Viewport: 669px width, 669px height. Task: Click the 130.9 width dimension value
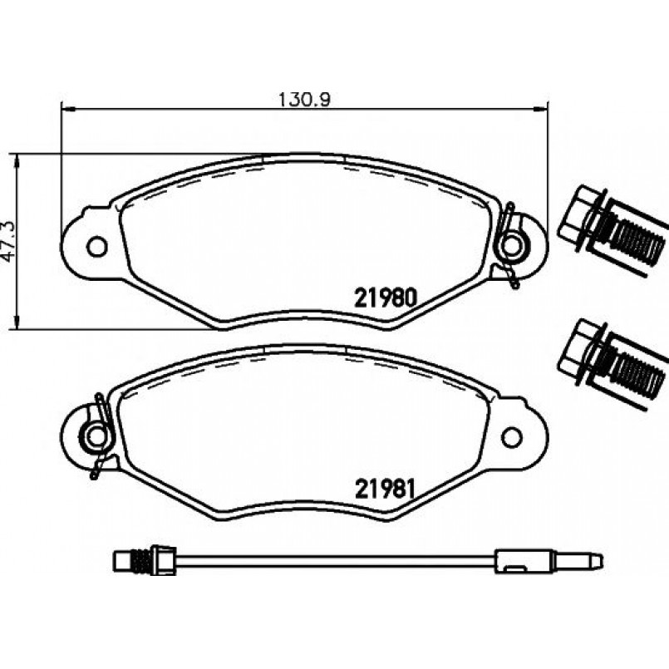(304, 100)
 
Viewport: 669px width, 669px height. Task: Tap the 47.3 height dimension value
(9, 241)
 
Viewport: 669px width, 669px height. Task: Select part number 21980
(385, 298)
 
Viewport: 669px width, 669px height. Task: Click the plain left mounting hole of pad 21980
(97, 246)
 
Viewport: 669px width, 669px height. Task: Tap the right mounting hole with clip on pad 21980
(512, 246)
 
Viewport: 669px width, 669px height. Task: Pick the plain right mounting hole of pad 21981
(512, 436)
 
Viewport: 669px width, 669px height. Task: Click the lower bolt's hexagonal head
(577, 351)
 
